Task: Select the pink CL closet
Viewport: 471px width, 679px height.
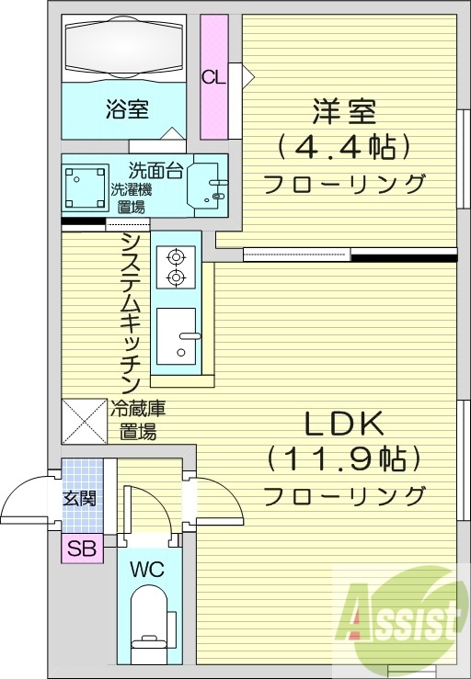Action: (214, 77)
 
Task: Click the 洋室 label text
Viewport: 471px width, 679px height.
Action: (344, 114)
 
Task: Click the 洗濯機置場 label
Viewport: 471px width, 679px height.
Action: (128, 198)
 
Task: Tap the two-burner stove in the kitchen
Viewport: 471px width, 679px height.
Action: (176, 266)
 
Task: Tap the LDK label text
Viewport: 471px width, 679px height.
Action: (344, 424)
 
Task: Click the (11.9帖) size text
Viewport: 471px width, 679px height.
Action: (344, 458)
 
